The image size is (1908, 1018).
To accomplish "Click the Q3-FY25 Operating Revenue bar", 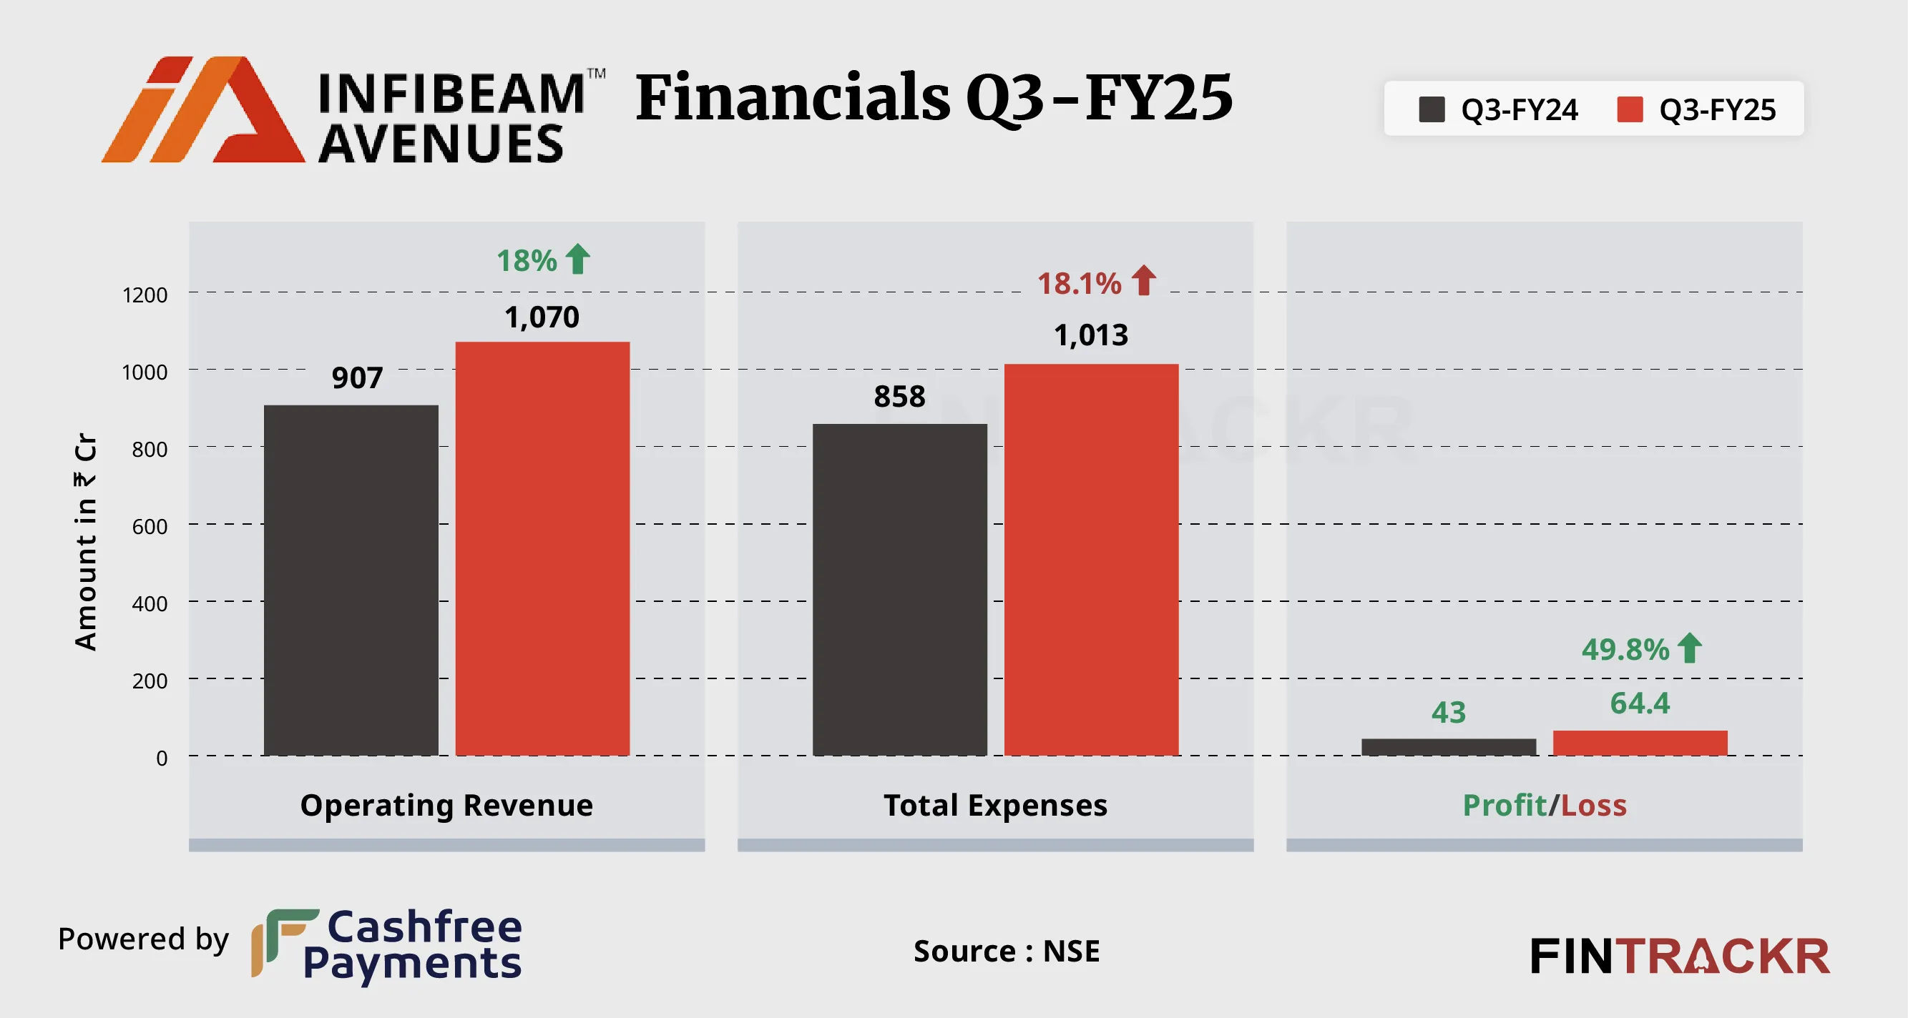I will coord(542,548).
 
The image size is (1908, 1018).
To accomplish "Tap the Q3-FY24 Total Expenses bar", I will coord(899,589).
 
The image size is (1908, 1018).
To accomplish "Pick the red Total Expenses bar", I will coord(1091,559).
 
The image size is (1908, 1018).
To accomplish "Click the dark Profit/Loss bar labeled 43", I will coord(1448,746).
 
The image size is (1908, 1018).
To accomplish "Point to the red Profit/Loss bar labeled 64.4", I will coord(1640,743).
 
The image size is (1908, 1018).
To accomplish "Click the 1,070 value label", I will coord(542,317).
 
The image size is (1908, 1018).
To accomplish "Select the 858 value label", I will coord(899,397).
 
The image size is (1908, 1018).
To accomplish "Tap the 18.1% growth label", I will coord(1079,284).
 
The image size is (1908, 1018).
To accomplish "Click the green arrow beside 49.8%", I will coord(1690,648).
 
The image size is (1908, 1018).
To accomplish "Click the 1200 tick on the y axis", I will coord(145,295).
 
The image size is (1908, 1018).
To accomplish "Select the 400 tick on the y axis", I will coord(149,603).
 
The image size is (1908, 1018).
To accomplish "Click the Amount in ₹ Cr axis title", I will coord(86,540).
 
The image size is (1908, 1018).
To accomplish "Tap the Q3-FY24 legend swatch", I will coord(1431,109).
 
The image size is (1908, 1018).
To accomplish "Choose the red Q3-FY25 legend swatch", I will coord(1630,109).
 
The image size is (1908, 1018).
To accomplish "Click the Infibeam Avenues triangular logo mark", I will coord(204,109).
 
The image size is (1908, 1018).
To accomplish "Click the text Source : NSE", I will coord(1007,951).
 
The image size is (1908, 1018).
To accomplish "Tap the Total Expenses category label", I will coord(995,805).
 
